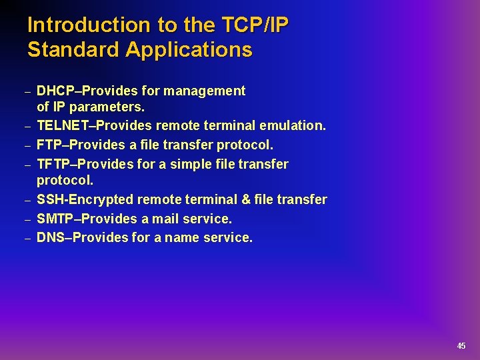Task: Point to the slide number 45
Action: (461, 346)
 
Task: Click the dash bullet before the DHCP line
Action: (27, 92)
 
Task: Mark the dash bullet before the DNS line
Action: (27, 239)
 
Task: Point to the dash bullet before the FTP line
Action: (27, 146)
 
